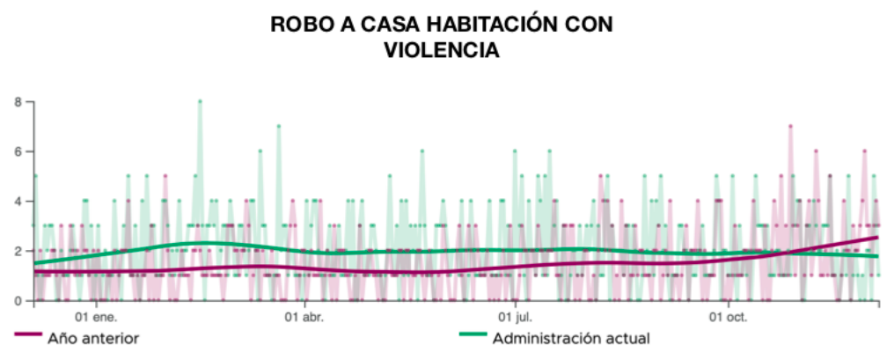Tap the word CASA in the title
(382, 25)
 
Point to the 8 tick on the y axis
(17, 102)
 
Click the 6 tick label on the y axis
(17, 151)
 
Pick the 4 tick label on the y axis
(17, 202)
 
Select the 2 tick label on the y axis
(17, 251)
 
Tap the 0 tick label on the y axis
(17, 301)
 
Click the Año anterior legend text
(93, 338)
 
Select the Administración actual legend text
(571, 338)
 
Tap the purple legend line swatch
(27, 335)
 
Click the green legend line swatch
(473, 335)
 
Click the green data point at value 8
(200, 101)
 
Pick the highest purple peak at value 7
(790, 126)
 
